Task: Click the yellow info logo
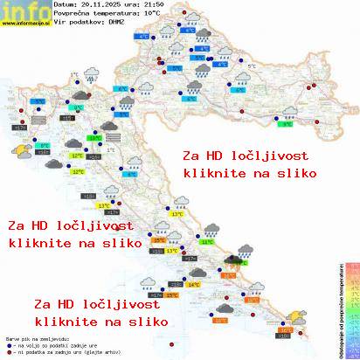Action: coord(24,10)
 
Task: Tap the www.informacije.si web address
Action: coord(25,24)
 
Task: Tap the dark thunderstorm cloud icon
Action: coord(233,260)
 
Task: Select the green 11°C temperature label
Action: coord(207,241)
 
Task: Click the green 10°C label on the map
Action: coord(93,136)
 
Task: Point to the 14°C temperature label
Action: coord(192,284)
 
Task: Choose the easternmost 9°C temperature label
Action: coord(287,124)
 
